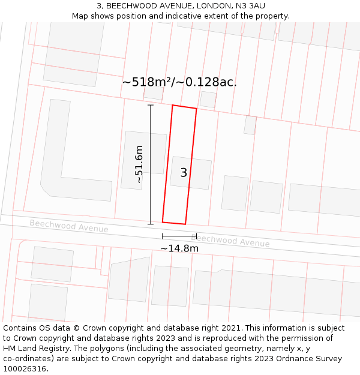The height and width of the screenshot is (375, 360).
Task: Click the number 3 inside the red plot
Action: pos(184,173)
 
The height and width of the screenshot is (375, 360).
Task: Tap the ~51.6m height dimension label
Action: pos(139,164)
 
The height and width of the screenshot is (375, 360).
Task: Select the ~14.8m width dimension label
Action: pos(179,248)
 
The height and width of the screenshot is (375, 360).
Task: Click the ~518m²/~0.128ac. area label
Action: pos(179,82)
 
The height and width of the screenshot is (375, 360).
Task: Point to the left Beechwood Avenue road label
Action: pos(69,226)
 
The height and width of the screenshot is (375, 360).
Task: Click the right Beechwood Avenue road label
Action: pos(230,241)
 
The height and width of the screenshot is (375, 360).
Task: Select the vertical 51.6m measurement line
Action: pos(151,164)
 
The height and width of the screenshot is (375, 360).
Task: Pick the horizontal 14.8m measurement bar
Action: pos(179,236)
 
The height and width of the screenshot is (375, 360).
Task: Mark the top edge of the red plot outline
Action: pos(184,107)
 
